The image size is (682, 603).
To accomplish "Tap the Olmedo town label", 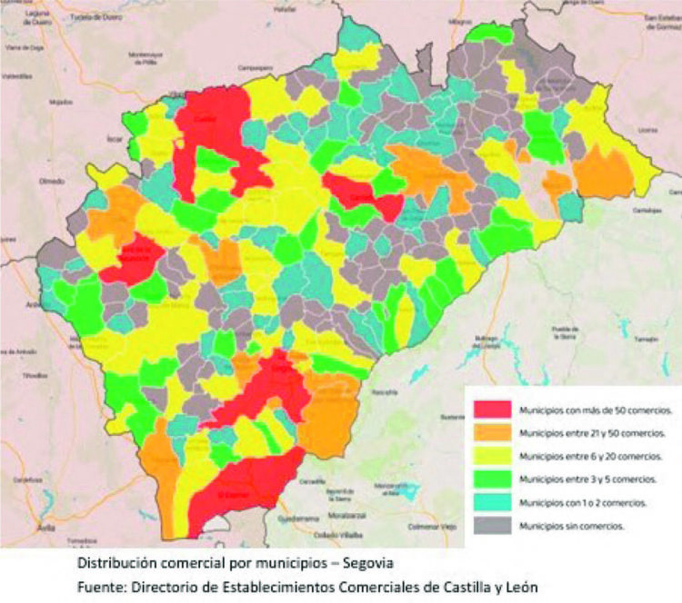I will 51,182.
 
